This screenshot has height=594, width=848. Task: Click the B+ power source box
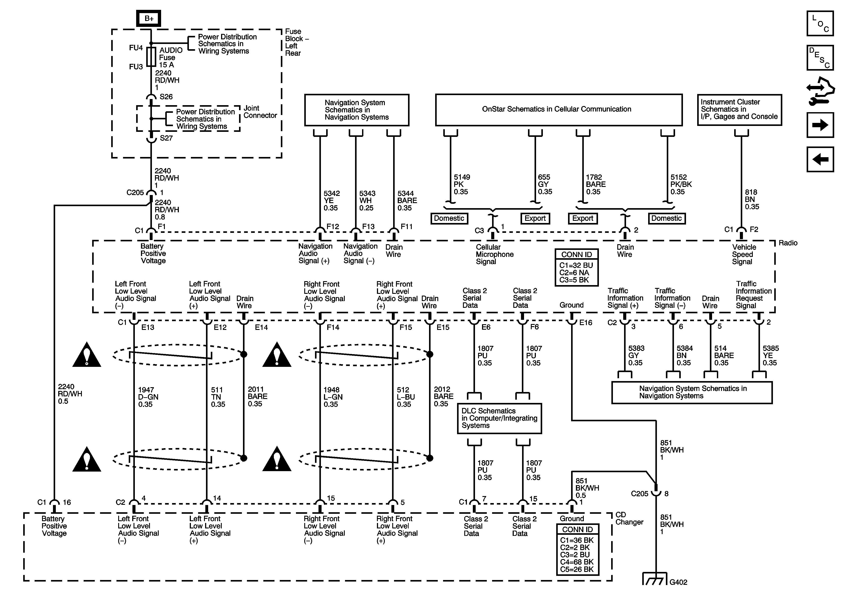point(149,18)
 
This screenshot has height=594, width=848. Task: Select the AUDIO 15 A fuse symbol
point(151,57)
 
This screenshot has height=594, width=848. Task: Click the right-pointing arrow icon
point(820,125)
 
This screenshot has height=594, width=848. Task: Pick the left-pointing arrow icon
point(820,159)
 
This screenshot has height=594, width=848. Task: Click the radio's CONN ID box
point(577,267)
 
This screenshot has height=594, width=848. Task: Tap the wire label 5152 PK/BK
point(681,185)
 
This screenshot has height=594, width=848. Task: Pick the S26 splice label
point(166,97)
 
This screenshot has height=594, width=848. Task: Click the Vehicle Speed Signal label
point(744,254)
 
